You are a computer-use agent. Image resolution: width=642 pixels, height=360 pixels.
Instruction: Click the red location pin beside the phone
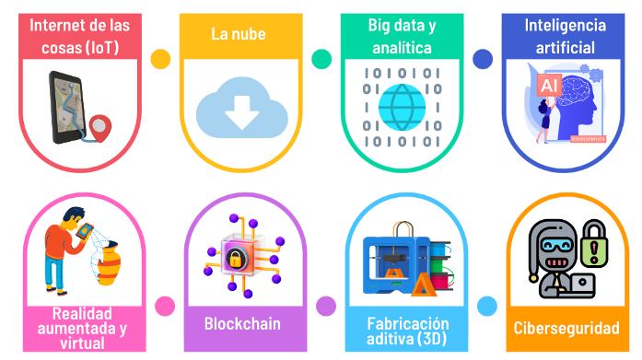coord(100,128)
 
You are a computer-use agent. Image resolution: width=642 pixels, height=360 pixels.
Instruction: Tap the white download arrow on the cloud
coord(241,112)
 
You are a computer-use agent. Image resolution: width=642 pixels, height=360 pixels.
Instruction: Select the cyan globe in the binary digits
coord(403,107)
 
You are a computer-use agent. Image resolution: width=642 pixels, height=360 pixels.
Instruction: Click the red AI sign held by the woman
coord(549,85)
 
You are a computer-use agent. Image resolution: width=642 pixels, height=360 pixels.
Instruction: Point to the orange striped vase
coord(109,263)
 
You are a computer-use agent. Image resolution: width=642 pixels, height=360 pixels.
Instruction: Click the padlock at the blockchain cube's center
coord(236,259)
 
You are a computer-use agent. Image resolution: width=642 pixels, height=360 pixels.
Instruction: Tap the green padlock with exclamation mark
coord(594,243)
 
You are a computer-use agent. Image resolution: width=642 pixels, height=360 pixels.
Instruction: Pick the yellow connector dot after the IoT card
coord(160,59)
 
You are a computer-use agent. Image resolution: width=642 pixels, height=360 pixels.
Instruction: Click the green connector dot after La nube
coord(321,59)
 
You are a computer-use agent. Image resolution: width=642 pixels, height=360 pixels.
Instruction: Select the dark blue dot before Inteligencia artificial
coord(483,59)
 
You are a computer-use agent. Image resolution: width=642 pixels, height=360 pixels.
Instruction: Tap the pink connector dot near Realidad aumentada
coord(165,306)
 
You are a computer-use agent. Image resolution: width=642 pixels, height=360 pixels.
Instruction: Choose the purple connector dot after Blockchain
coord(326,306)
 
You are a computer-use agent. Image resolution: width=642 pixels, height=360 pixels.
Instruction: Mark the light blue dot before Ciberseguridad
coord(487,306)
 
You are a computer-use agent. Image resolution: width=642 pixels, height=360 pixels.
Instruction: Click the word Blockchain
coord(242,323)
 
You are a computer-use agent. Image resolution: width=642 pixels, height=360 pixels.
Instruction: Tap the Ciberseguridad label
coord(566,328)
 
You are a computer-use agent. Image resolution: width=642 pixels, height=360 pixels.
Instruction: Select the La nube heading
coord(239,34)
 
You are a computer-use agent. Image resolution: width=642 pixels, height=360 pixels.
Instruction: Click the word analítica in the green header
coord(402,48)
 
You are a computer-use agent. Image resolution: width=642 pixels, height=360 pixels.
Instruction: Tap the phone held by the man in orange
coord(85,232)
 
